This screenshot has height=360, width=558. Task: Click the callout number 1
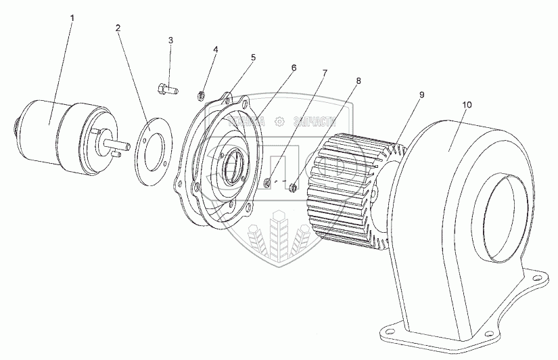(x=72, y=16)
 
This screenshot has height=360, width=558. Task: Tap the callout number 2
(x=118, y=28)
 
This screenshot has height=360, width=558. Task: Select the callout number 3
(x=170, y=41)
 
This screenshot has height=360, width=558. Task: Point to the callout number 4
(x=215, y=50)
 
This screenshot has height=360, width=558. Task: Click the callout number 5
(x=253, y=58)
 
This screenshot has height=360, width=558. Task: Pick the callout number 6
(x=294, y=68)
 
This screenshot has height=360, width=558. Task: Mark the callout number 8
(x=358, y=81)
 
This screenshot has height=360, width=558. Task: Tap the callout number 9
(x=421, y=95)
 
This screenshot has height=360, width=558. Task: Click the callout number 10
(x=467, y=106)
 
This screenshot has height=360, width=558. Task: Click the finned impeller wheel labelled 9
(x=352, y=189)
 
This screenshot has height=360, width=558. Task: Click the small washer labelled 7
(x=269, y=182)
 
